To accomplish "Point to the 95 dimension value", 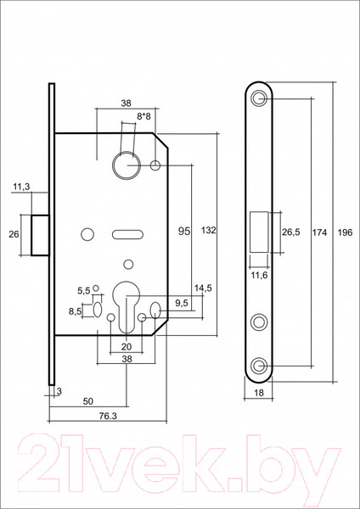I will point(183,231).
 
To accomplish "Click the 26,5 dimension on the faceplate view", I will point(290,231).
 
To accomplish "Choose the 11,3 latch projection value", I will point(21,187).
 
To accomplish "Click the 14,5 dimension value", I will point(202,289).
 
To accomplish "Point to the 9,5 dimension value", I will point(182,301).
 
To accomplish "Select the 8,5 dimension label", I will point(76,311).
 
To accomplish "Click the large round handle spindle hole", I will point(124,163).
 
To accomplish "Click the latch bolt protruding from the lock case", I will point(39,234).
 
